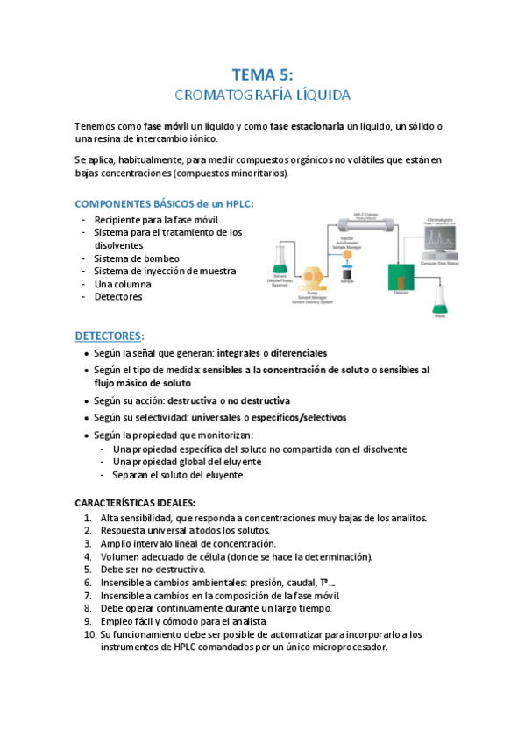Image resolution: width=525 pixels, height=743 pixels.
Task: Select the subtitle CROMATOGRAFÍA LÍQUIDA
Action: click(262, 94)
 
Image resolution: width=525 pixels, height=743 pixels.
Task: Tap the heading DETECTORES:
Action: click(110, 336)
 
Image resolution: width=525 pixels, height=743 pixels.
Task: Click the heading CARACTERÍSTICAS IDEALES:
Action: click(135, 503)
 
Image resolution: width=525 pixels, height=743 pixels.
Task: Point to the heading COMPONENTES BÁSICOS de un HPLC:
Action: click(165, 204)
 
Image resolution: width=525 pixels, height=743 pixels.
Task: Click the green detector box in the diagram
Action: click(403, 278)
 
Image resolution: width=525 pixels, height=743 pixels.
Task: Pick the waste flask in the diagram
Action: click(439, 301)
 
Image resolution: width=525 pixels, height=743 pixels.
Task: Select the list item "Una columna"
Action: click(123, 284)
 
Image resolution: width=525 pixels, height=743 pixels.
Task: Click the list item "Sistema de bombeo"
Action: click(137, 258)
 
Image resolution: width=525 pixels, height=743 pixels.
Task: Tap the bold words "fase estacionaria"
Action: click(307, 127)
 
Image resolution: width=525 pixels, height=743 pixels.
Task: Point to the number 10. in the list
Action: click(89, 634)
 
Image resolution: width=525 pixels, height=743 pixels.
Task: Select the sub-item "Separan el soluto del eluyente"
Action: click(178, 475)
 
